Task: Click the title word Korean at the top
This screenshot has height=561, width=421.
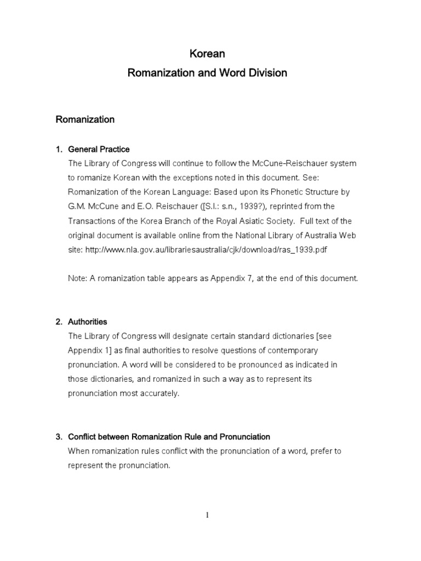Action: click(x=207, y=54)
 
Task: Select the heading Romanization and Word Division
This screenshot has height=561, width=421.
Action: click(x=207, y=73)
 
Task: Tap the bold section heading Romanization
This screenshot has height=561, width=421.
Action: click(x=85, y=119)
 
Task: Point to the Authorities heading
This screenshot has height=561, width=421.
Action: click(x=88, y=322)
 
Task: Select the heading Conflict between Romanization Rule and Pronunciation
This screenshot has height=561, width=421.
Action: click(x=169, y=437)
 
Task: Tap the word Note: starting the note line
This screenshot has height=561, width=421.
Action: click(x=78, y=278)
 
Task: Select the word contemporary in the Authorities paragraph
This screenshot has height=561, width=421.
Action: click(x=286, y=350)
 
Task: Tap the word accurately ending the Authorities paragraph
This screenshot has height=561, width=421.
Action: click(x=159, y=393)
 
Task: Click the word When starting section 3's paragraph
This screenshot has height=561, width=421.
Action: click(x=78, y=451)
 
